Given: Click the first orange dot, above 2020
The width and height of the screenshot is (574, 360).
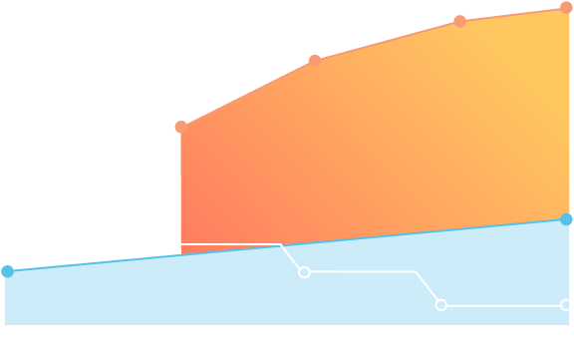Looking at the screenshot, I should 181,127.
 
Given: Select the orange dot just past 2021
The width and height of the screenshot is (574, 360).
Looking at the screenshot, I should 315,61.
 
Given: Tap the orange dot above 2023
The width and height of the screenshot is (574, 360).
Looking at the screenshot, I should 459,21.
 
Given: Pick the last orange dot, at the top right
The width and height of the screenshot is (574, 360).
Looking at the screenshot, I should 566,8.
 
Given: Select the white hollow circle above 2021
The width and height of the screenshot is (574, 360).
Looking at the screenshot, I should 304,272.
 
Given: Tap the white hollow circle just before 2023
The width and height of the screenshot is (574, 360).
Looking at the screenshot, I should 441,305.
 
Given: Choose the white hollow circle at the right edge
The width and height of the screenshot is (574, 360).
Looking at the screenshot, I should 566,305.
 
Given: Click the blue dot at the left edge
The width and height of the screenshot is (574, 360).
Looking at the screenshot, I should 8,270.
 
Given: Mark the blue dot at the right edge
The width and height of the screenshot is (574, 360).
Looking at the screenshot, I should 566,219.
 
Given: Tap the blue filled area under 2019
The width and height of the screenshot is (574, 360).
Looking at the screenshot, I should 111,294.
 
